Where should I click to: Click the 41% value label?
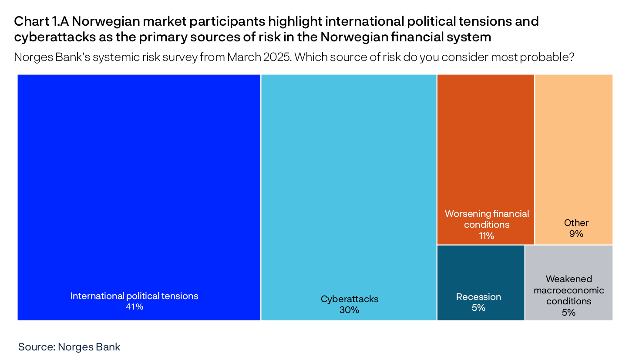click(x=134, y=307)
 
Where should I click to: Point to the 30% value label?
click(x=350, y=310)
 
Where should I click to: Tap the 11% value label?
click(x=486, y=236)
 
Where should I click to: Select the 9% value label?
click(x=576, y=234)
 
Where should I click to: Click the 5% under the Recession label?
click(x=478, y=308)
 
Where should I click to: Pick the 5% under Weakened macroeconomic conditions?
click(x=568, y=312)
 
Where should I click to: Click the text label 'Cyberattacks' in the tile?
click(x=350, y=299)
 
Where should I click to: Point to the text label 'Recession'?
click(x=478, y=297)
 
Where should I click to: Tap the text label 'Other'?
click(x=576, y=223)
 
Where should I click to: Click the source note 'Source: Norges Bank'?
click(x=69, y=347)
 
